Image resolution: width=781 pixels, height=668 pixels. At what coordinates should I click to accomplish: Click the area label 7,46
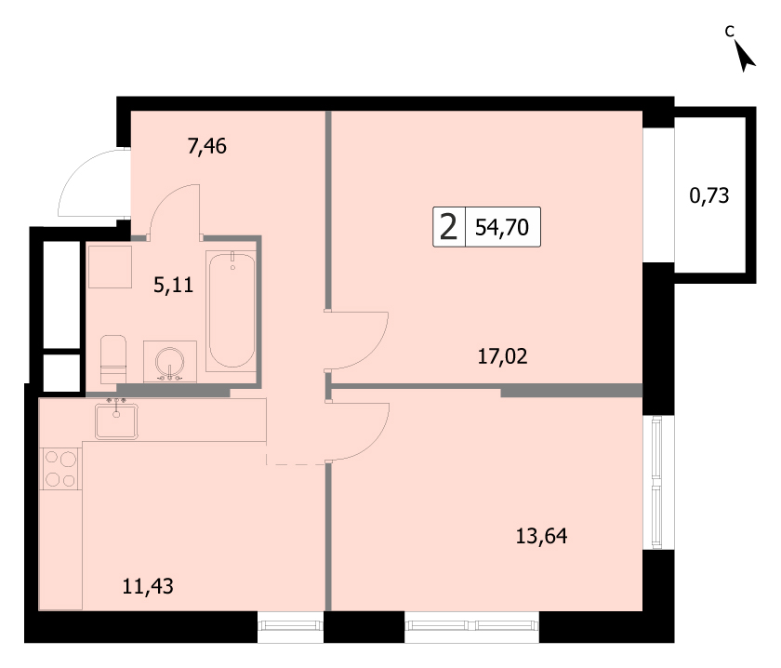(x=206, y=147)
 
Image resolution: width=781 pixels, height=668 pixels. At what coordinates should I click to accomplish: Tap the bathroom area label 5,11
(x=173, y=285)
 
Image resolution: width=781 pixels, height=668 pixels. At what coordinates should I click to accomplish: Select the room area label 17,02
(x=502, y=357)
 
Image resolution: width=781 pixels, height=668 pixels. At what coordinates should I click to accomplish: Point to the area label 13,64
(x=541, y=537)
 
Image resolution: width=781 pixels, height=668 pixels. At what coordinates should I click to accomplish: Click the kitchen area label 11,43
(x=148, y=586)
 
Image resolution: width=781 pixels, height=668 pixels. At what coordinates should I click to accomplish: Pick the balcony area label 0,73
(x=709, y=195)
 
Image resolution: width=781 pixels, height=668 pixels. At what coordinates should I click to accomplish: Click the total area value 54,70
(x=501, y=227)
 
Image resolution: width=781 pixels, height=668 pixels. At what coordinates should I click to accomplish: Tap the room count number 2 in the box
(x=449, y=227)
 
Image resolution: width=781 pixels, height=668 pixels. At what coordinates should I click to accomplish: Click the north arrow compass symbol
(x=745, y=55)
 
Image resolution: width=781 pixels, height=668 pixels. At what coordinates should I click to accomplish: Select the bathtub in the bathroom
(x=232, y=310)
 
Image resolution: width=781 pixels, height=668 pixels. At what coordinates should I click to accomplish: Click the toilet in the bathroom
(x=113, y=359)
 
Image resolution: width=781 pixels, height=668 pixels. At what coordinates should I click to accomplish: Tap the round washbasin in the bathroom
(x=170, y=361)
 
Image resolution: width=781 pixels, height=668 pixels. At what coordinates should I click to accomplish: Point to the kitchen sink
(x=116, y=421)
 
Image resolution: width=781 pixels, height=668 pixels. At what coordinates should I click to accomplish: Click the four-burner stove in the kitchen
(x=60, y=469)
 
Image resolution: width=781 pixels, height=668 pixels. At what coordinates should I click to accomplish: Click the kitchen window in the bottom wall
(x=290, y=625)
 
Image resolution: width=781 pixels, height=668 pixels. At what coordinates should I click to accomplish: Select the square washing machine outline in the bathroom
(x=110, y=267)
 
